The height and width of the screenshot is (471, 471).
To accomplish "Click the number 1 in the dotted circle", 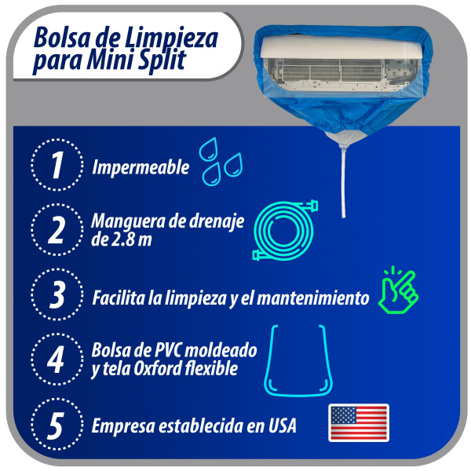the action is pyautogui.click(x=57, y=165).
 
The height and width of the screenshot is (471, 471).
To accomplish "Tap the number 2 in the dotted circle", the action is pyautogui.click(x=57, y=230).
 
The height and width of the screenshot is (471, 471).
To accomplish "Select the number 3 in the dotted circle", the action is pyautogui.click(x=57, y=294).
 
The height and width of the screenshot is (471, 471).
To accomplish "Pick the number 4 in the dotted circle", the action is pyautogui.click(x=56, y=360).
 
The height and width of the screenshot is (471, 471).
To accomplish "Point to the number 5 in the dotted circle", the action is pyautogui.click(x=57, y=425).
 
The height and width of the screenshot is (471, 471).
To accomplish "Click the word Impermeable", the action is pyautogui.click(x=141, y=167).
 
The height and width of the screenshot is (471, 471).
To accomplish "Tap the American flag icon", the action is pyautogui.click(x=359, y=422).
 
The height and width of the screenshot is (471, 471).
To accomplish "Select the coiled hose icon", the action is pyautogui.click(x=285, y=230).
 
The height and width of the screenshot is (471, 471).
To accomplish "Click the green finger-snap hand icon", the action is pyautogui.click(x=398, y=290).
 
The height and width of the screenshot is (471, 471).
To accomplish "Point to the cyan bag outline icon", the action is pyautogui.click(x=298, y=360).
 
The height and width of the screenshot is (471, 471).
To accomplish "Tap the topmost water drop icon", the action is pyautogui.click(x=209, y=149).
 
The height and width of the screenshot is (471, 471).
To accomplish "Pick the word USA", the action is pyautogui.click(x=283, y=425).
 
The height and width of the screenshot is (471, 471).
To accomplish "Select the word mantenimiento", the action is pyautogui.click(x=313, y=298).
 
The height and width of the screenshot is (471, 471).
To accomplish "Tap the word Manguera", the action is pyautogui.click(x=129, y=221).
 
